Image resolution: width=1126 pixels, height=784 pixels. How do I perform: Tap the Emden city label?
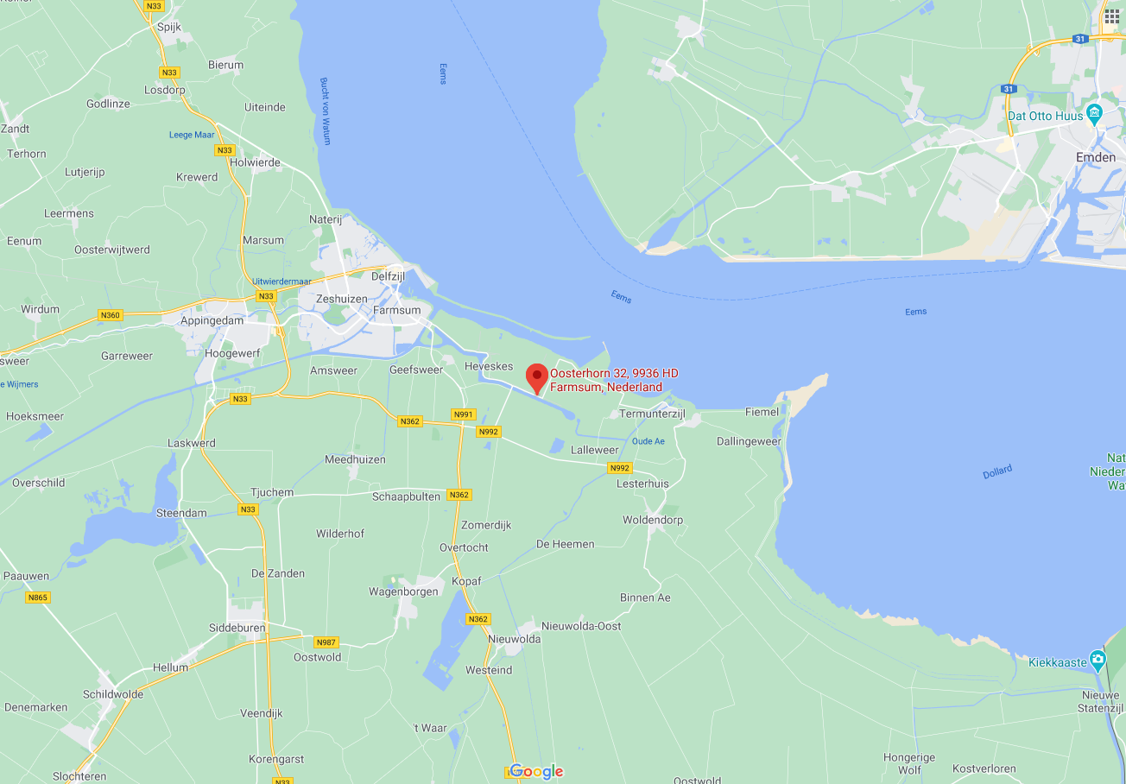tap(1095, 157)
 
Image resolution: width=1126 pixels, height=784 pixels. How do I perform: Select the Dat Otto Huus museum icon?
tap(1095, 113)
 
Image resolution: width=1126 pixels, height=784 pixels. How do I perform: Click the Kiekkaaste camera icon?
tap(1098, 661)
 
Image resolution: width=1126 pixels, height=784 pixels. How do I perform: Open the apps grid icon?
tap(1111, 15)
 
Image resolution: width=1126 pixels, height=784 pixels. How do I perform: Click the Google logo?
tap(535, 771)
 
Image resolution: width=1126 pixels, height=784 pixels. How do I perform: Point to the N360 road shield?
tap(111, 315)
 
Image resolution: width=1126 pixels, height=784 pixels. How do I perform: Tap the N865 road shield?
tap(37, 597)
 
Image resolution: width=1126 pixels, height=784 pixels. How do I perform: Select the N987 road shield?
tap(326, 642)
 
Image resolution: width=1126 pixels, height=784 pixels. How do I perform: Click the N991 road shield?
tap(464, 414)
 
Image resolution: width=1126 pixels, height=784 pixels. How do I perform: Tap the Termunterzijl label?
tap(652, 414)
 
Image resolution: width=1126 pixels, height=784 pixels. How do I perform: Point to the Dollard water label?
tap(996, 472)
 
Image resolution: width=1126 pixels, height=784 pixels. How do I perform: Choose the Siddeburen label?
tap(237, 628)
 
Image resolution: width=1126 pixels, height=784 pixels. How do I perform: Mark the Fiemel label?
tap(762, 412)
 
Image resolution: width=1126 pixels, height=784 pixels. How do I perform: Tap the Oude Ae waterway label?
tap(648, 441)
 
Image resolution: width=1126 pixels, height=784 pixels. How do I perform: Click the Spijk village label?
tap(169, 27)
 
